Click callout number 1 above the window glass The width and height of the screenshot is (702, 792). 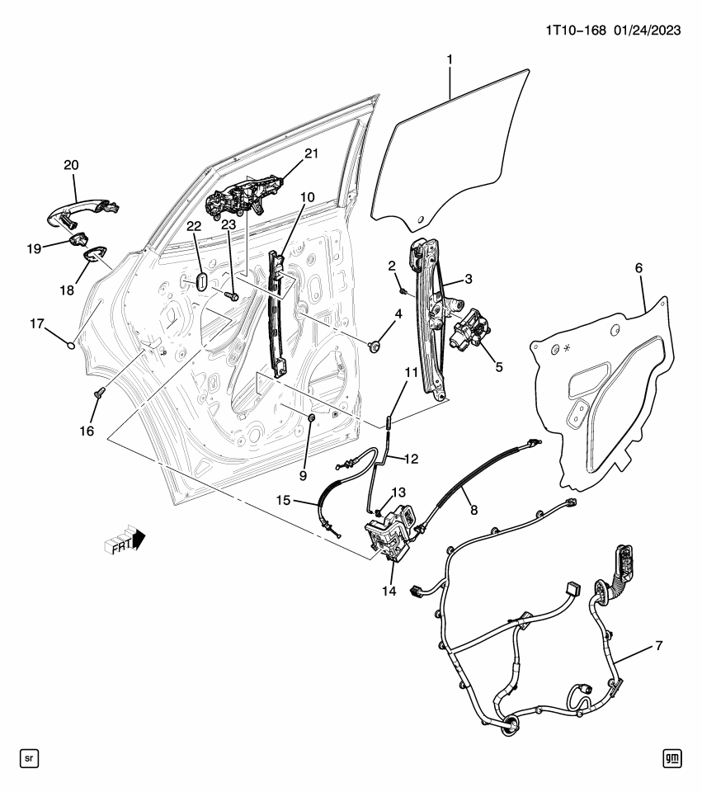pos(450,59)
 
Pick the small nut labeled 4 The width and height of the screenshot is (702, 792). pos(374,345)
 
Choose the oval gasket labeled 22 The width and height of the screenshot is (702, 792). pos(202,278)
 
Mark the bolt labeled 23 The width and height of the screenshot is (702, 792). pos(231,295)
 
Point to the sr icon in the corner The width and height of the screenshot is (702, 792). pos(28,757)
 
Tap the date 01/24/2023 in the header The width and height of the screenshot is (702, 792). pos(647,31)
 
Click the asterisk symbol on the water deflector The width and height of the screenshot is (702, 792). pos(565,348)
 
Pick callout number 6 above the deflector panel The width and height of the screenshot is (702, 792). pos(638,268)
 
